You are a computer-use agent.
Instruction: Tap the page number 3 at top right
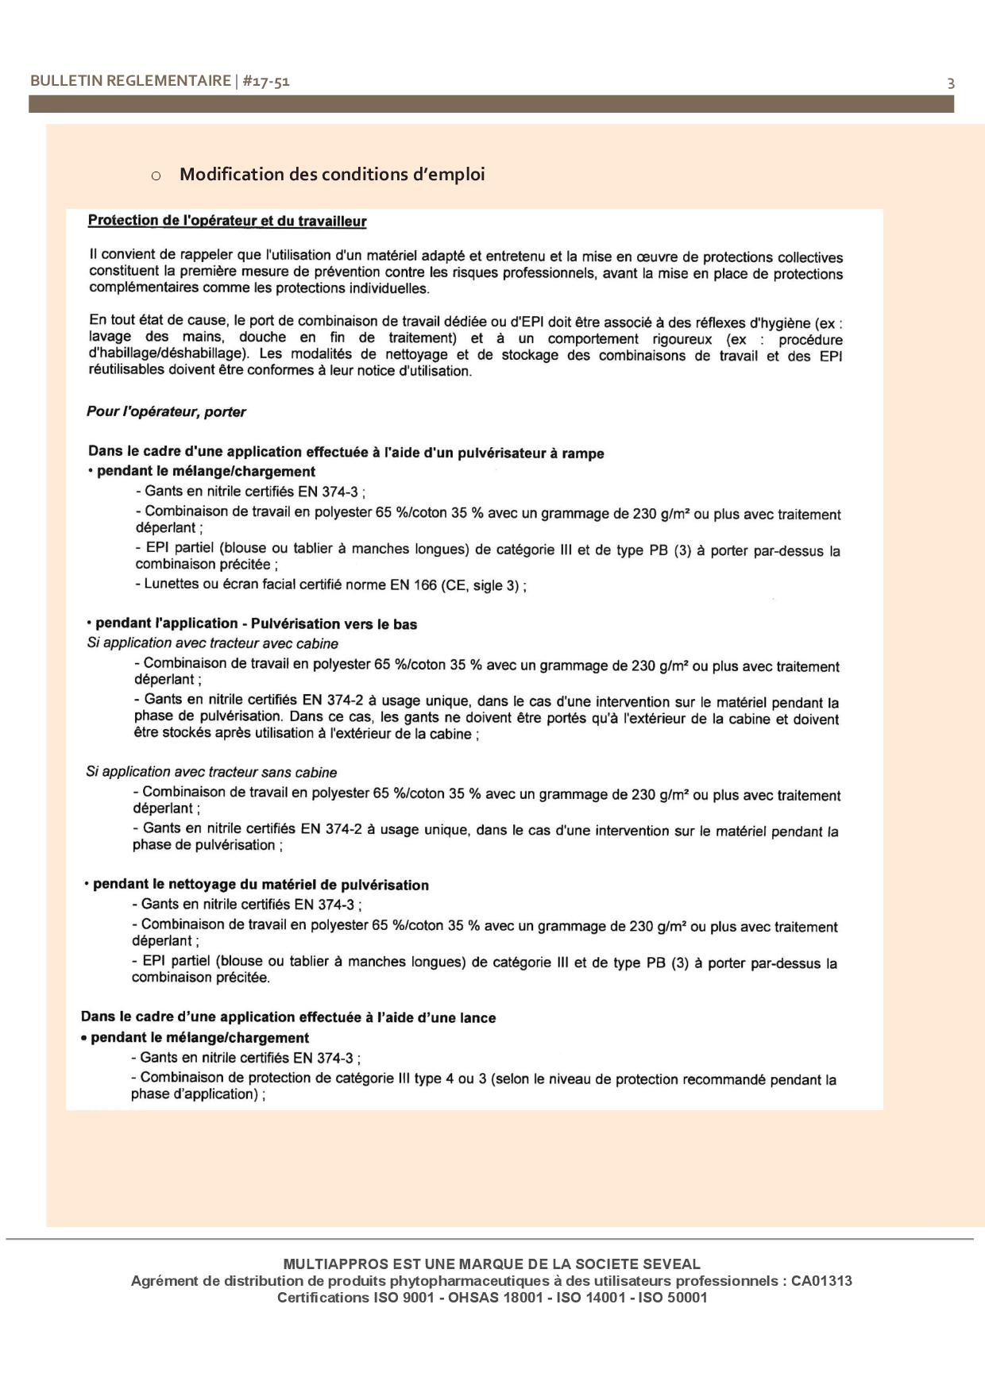click(950, 83)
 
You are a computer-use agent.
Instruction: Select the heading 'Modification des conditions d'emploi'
click(332, 174)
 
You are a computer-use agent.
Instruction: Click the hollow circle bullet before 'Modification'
click(156, 176)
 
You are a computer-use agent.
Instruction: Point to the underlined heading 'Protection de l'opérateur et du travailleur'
click(227, 221)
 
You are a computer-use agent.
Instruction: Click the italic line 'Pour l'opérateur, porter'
click(166, 411)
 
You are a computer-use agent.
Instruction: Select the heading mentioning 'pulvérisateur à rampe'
click(346, 453)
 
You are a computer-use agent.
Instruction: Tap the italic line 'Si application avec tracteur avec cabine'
click(212, 643)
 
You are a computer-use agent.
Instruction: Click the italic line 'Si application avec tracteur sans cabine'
click(211, 772)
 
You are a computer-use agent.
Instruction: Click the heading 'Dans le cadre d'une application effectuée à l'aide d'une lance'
click(288, 1017)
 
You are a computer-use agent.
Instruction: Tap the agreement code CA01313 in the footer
click(821, 1281)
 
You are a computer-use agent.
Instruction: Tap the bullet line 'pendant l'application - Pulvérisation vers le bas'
click(257, 623)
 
